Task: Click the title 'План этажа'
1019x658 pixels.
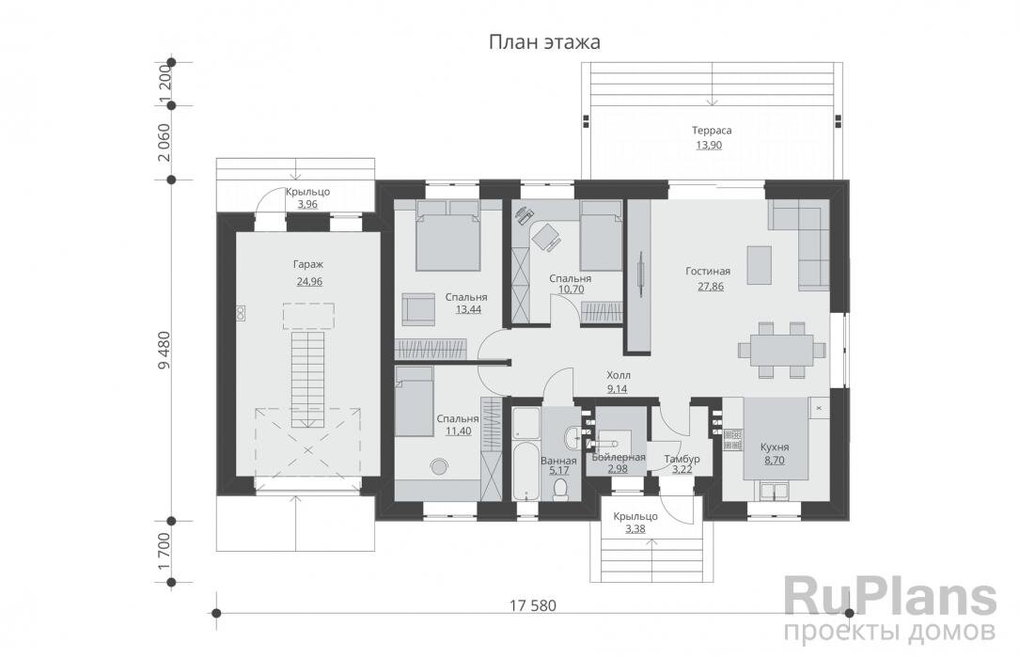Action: tap(543, 42)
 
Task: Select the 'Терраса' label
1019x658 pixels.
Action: tap(712, 131)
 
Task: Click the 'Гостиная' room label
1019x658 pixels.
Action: tap(708, 272)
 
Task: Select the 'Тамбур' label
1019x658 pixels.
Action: tap(682, 459)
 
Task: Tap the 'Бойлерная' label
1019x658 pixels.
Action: tap(618, 457)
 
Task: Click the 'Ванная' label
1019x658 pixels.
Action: tap(558, 461)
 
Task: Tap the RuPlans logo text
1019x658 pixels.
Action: tap(889, 597)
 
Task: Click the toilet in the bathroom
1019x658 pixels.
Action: tap(561, 489)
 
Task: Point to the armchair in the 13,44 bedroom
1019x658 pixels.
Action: tap(416, 307)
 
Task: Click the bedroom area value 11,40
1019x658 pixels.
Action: tap(458, 431)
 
